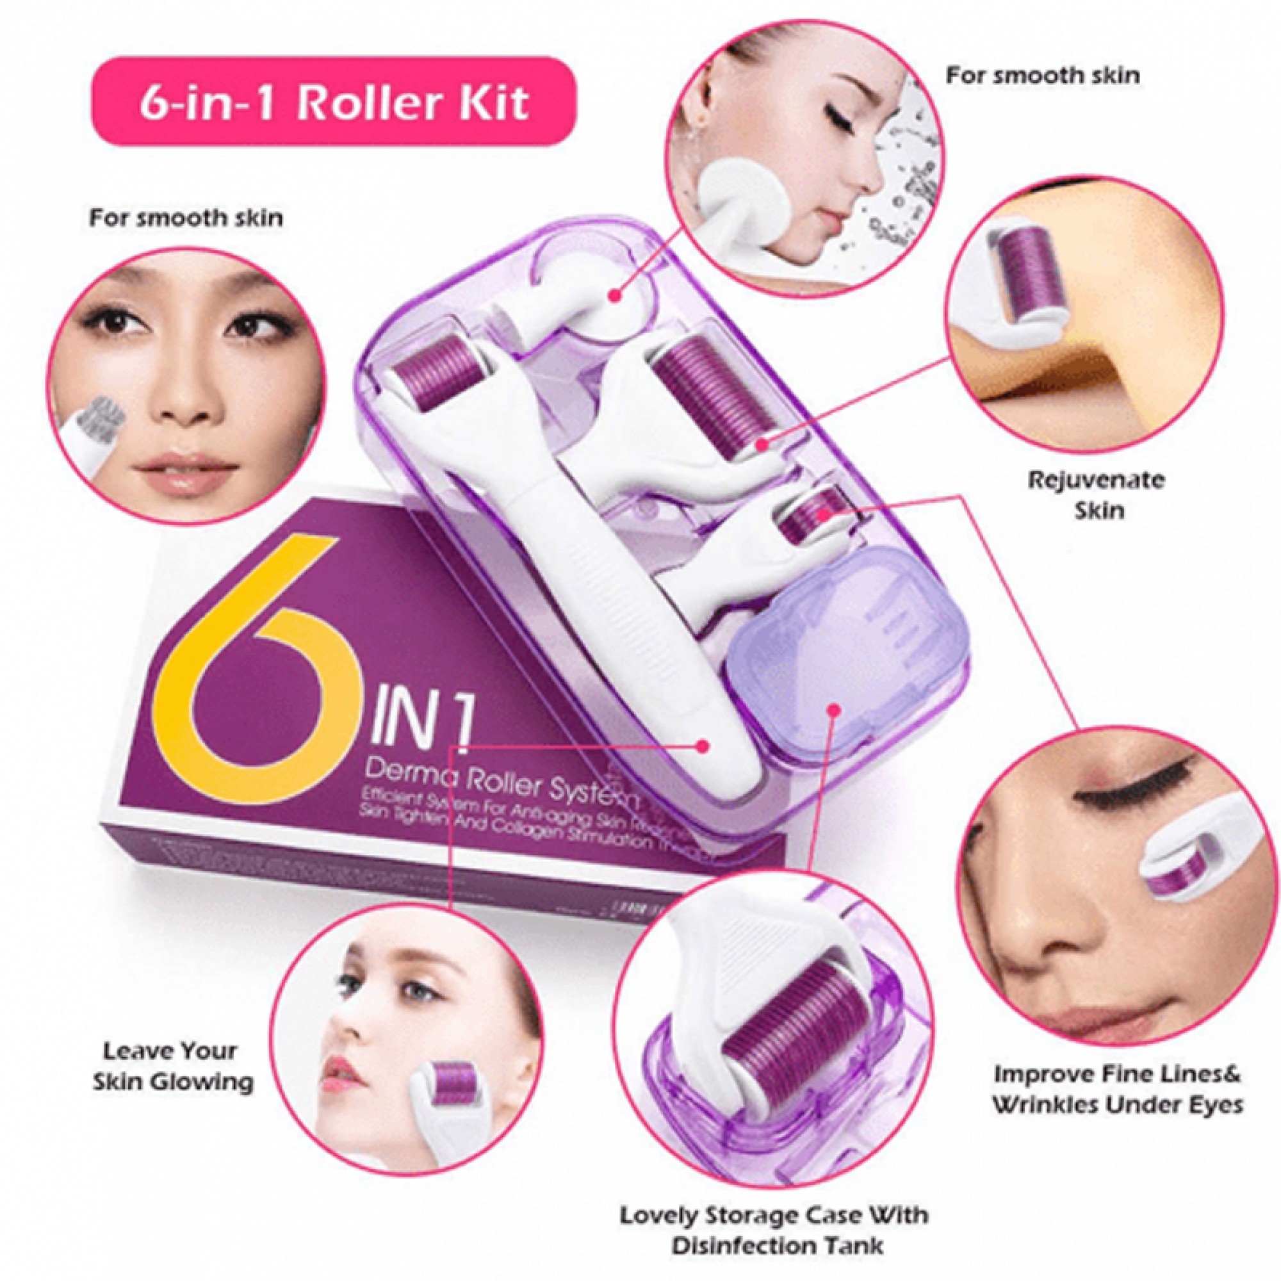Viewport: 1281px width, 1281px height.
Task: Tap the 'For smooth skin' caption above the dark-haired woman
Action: click(186, 218)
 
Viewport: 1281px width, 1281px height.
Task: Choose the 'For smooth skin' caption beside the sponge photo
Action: click(1042, 75)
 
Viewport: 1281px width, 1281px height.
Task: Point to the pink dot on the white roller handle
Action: click(701, 746)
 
